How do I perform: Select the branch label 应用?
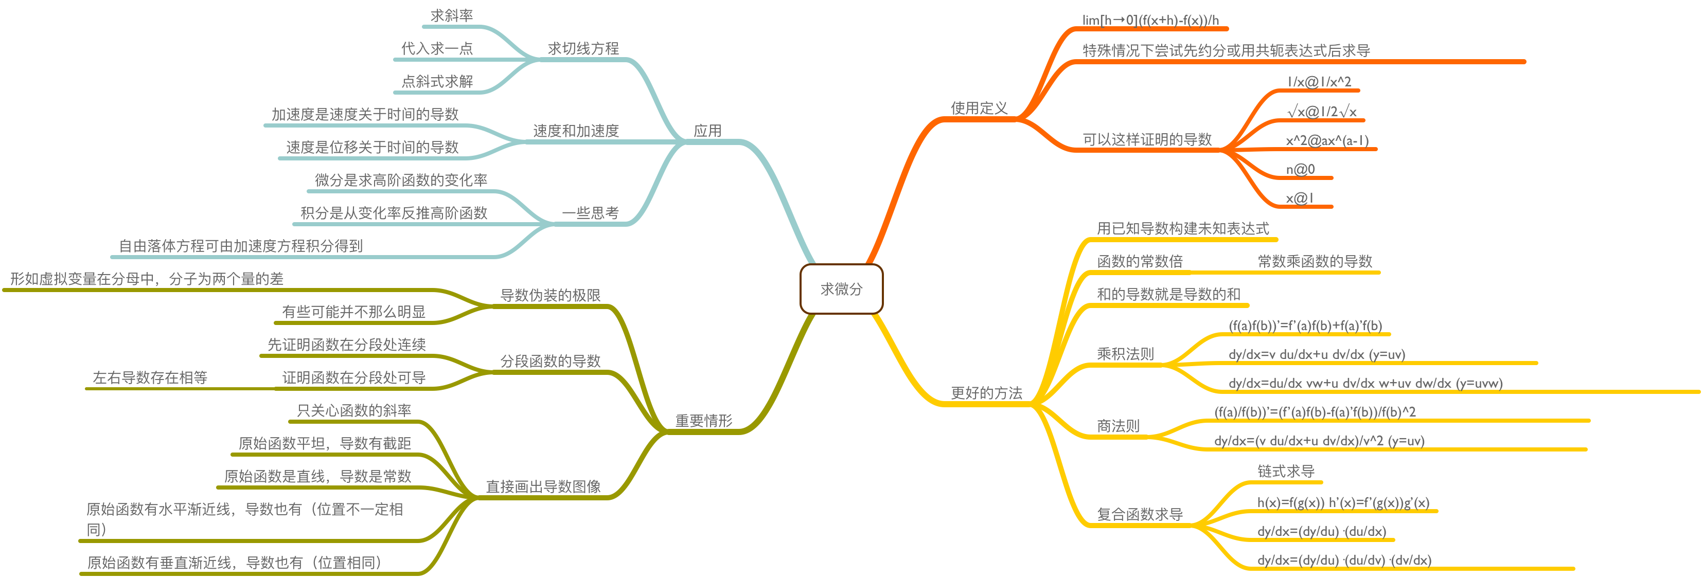(707, 131)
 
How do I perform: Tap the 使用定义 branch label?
(979, 107)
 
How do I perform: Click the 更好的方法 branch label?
(986, 393)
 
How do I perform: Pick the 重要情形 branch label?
(703, 421)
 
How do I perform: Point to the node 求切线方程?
(583, 48)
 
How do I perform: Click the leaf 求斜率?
(452, 15)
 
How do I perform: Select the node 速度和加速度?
(576, 131)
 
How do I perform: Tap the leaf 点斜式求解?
(437, 81)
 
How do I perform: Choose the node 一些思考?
(590, 213)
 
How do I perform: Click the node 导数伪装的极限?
(550, 295)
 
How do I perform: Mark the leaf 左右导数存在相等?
(150, 377)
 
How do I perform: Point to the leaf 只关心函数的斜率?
(353, 410)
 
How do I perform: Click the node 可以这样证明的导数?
(1146, 139)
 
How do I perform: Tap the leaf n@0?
(1300, 169)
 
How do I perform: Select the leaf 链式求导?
(1285, 471)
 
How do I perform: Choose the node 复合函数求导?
(1139, 514)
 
